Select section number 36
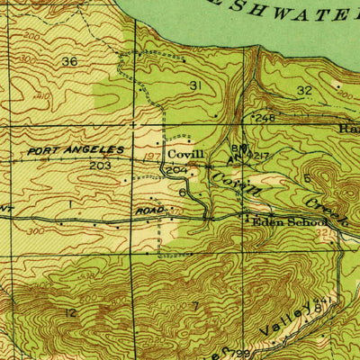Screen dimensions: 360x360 69,61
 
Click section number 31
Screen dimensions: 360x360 196,85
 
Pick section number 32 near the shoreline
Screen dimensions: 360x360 304,90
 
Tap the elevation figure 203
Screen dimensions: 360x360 100,166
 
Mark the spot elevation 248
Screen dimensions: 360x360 264,118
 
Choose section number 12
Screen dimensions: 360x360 70,311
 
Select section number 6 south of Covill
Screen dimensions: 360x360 183,192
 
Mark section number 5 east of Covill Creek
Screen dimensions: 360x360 307,178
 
